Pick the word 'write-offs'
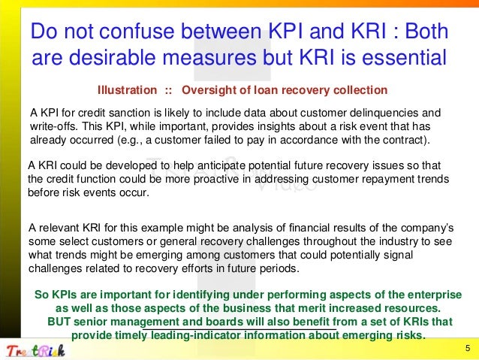click(x=54, y=126)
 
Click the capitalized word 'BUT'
click(x=59, y=322)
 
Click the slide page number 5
click(x=467, y=348)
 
